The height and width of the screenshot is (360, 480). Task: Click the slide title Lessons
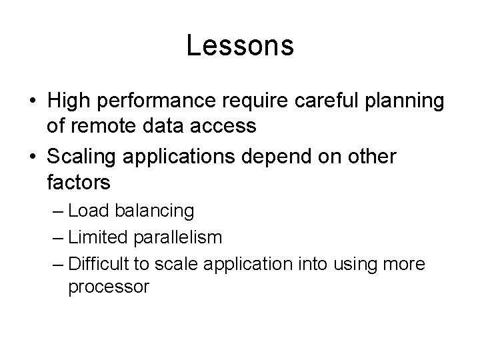tap(240, 46)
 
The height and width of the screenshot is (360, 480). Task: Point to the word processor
tap(108, 287)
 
